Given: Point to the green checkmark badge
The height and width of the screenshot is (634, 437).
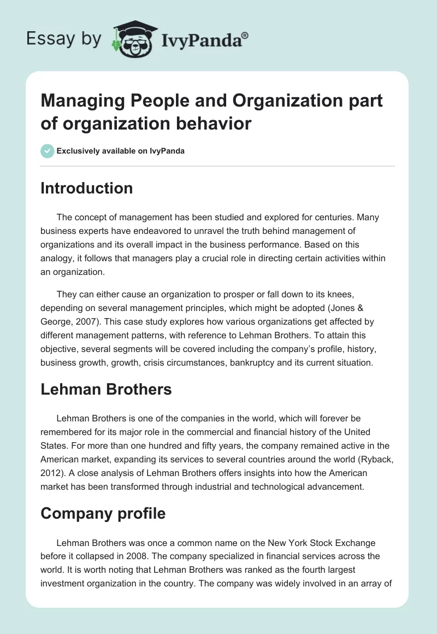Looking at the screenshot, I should click(x=48, y=151).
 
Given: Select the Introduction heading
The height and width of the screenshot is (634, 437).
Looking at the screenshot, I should click(x=86, y=188).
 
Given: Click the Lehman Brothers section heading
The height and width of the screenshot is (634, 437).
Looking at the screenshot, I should click(x=106, y=389).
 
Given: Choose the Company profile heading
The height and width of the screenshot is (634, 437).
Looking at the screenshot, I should click(x=103, y=513).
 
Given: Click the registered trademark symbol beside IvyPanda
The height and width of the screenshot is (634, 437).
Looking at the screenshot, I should click(x=245, y=35).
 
